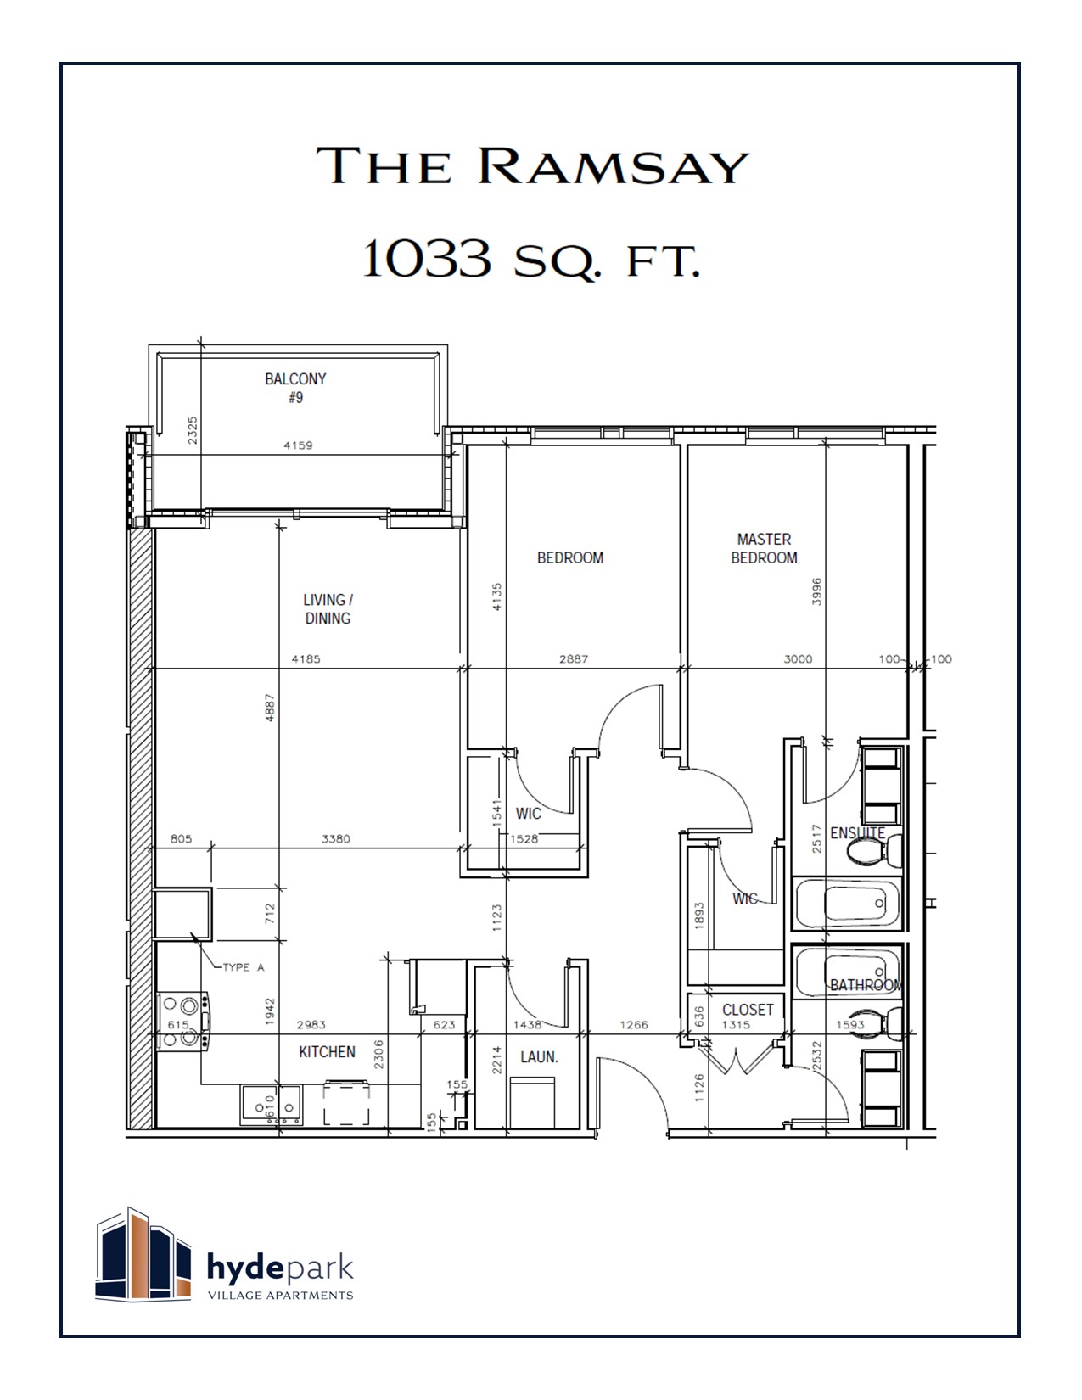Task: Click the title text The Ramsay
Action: point(533,165)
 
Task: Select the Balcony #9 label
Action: point(295,388)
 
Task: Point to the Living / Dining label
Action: point(328,609)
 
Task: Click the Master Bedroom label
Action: point(764,548)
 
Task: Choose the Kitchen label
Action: point(327,1051)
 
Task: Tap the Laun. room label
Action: point(539,1057)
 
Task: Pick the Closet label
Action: point(748,1009)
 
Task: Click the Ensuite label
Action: point(857,833)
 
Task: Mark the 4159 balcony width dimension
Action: point(297,445)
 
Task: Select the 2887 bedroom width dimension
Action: point(574,658)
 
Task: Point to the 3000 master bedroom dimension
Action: point(798,658)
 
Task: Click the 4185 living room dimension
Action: point(306,658)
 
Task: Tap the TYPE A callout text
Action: point(244,967)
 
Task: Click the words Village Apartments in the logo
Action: point(281,1296)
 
